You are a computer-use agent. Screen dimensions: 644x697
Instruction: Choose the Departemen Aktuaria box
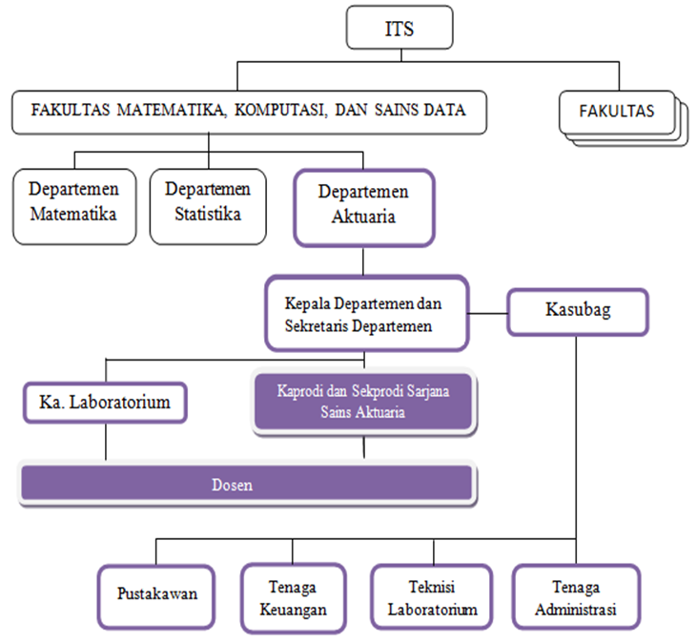tap(363, 204)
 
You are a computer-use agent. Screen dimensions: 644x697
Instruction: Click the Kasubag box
tap(577, 311)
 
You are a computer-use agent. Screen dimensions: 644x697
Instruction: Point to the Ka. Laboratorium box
tap(104, 402)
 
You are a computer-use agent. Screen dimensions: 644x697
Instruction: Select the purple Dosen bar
tap(247, 483)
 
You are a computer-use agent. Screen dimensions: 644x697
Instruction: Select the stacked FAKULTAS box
tap(618, 112)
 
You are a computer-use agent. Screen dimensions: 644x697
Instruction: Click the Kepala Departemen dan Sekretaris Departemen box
tap(364, 314)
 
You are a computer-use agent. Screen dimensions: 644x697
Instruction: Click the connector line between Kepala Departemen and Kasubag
tap(487, 312)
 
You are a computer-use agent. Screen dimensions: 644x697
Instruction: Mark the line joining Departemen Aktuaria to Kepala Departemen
tap(363, 260)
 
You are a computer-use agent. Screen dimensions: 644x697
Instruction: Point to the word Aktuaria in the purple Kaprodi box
tap(382, 414)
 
